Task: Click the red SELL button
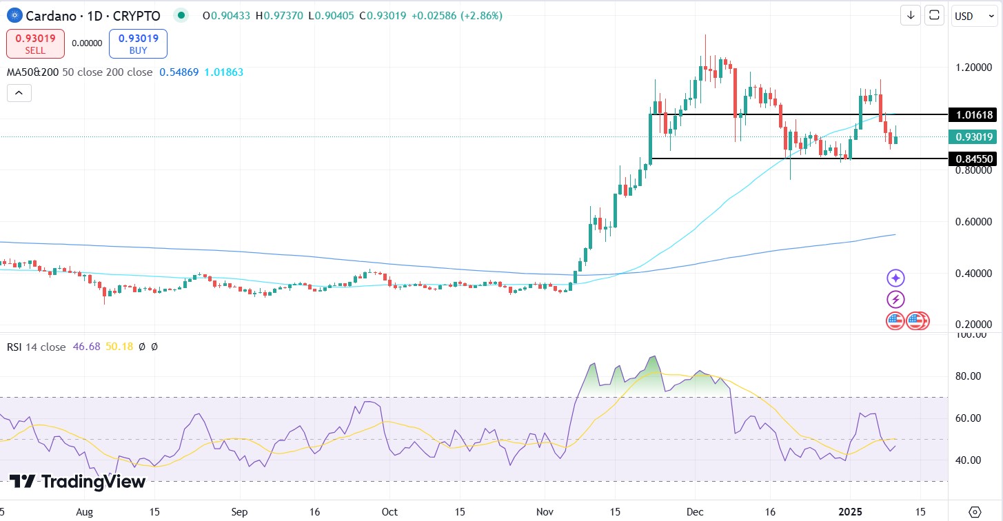35,43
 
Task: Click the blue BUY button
138,43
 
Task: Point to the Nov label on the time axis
545,513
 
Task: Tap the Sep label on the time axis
240,513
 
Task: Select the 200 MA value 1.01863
223,72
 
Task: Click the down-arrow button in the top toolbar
911,15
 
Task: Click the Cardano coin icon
14,15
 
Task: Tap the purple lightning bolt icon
895,300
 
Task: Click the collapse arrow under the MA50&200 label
19,92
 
